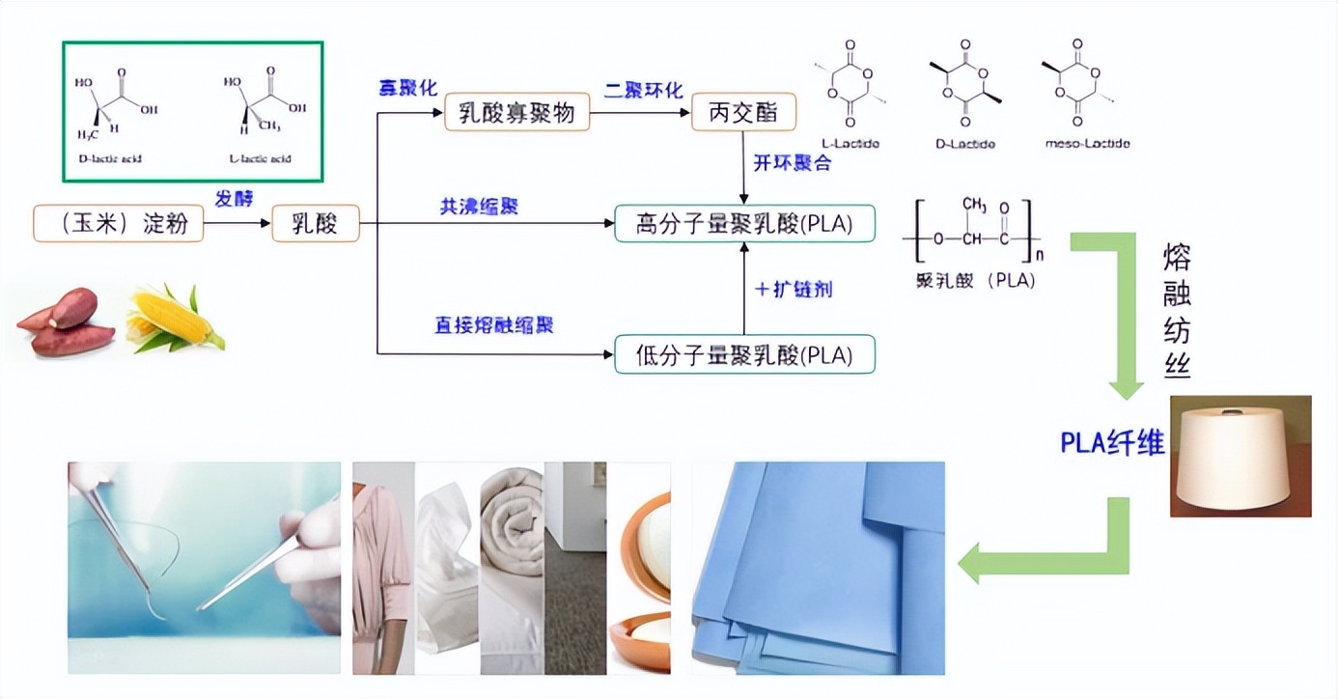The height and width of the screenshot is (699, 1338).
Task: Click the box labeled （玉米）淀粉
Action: pyautogui.click(x=119, y=223)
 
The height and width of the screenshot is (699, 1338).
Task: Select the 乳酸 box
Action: pyautogui.click(x=315, y=223)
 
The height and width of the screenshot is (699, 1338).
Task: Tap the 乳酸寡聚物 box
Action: pyautogui.click(x=516, y=113)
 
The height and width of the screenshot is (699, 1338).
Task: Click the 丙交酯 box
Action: pyautogui.click(x=744, y=113)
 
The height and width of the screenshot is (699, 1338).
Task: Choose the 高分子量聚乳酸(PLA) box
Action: pyautogui.click(x=744, y=223)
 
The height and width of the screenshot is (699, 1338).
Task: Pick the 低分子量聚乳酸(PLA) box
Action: pyautogui.click(x=744, y=354)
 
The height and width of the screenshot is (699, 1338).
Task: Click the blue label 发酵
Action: pyautogui.click(x=236, y=198)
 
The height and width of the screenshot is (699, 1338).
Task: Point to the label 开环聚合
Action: pyautogui.click(x=792, y=162)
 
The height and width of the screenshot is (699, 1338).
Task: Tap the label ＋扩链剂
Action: pyautogui.click(x=793, y=289)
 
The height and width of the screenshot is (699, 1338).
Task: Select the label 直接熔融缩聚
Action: pyautogui.click(x=493, y=325)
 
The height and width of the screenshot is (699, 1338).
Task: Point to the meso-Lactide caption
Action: pyautogui.click(x=1087, y=144)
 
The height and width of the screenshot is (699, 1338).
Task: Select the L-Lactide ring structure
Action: pyautogui.click(x=849, y=83)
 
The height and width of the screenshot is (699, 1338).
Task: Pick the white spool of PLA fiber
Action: pyautogui.click(x=1239, y=454)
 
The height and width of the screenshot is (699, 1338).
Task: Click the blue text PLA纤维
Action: pyautogui.click(x=1112, y=442)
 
